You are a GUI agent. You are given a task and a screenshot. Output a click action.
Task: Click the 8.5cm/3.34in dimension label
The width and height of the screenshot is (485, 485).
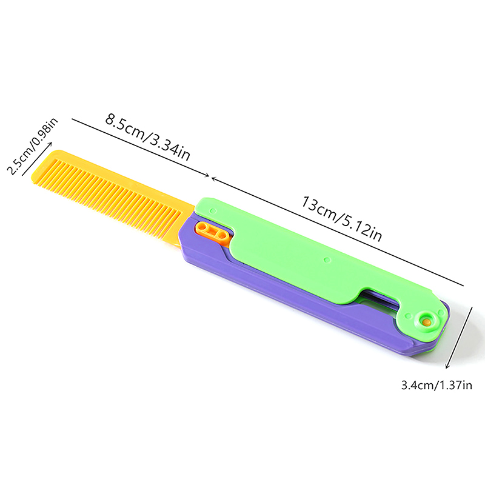click(x=148, y=137)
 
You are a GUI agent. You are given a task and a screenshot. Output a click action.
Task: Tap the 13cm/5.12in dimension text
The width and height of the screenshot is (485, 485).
click(x=341, y=218)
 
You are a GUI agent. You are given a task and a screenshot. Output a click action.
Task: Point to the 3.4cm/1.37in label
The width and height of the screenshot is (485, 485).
click(x=436, y=386)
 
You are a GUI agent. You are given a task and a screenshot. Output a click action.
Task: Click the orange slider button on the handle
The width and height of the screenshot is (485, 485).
click(x=213, y=232)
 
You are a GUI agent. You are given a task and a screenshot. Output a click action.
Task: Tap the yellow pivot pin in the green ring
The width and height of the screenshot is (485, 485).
click(x=427, y=321)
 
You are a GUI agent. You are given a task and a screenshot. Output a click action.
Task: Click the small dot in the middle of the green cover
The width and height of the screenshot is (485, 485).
click(x=327, y=260)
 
